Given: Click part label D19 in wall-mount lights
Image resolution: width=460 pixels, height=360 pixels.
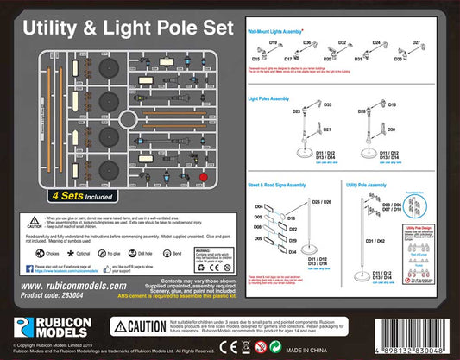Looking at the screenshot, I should [272, 42].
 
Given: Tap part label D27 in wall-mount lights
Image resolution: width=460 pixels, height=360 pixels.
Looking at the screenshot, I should [417, 42].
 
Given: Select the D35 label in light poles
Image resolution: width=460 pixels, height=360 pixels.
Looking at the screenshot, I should [328, 104].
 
